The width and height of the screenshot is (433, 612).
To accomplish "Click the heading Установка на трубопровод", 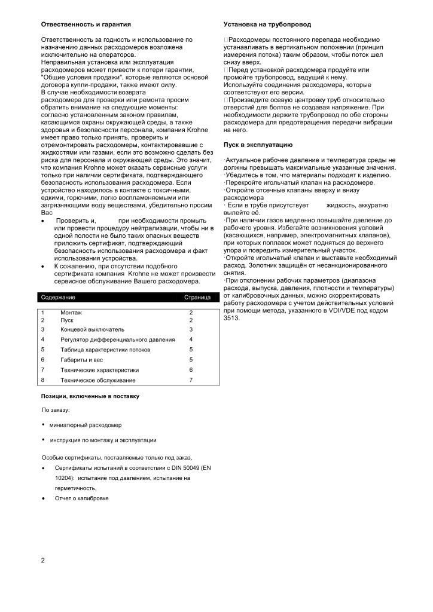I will (267, 25).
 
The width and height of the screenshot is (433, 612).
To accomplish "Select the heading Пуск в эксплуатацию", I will (258, 145).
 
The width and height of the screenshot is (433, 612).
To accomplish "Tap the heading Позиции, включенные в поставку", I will (90, 396).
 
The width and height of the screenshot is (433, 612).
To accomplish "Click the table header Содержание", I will (58, 297).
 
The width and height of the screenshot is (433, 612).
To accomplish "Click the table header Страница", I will (197, 297).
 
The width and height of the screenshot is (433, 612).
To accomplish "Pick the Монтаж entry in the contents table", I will (71, 313).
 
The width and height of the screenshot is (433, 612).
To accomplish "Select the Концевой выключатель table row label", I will (92, 329).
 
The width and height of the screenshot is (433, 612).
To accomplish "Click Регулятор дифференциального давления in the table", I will (118, 339).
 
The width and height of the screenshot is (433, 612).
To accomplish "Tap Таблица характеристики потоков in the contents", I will (105, 350).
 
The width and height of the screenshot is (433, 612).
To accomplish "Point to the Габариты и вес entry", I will (82, 360).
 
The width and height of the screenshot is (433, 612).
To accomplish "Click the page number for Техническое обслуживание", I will (191, 380).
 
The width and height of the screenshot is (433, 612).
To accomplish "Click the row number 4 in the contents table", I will (43, 339).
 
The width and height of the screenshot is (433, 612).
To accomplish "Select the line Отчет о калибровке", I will (81, 498).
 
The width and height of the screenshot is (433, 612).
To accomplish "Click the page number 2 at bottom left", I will (43, 560).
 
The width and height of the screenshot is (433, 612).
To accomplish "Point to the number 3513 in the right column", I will (231, 318).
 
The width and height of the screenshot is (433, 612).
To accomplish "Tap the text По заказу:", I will (56, 410).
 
